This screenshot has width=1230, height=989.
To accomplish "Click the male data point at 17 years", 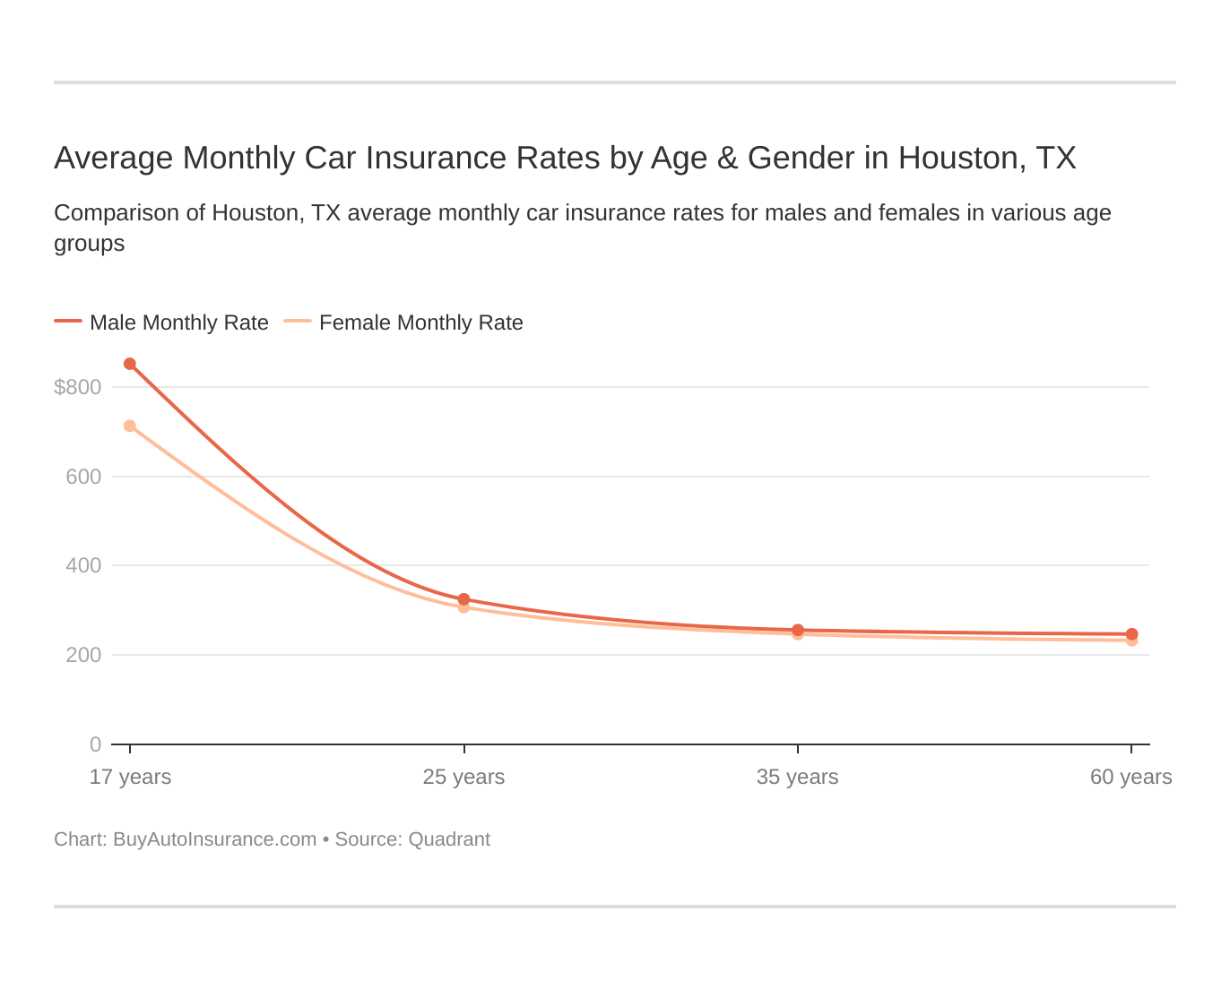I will [130, 364].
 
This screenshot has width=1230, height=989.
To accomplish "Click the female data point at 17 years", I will [130, 426].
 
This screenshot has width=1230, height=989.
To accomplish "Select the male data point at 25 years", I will [463, 599].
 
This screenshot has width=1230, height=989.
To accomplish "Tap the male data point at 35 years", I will [798, 630].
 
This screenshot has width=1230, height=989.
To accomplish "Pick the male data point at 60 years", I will [1131, 634].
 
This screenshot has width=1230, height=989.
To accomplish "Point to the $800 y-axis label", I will [78, 387].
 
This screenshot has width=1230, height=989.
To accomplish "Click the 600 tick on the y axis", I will [83, 477].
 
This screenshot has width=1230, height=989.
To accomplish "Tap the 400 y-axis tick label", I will [83, 565].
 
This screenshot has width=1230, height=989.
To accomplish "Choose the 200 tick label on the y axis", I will [83, 655].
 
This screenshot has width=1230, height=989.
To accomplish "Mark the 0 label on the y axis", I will [95, 744].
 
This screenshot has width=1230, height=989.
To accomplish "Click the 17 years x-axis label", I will [130, 777].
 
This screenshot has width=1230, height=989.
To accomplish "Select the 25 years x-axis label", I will [463, 777].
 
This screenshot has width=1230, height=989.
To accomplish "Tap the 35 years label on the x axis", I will [798, 777].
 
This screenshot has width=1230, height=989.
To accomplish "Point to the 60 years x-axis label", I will [1130, 777].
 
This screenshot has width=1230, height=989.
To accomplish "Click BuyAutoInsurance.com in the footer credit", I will [214, 839].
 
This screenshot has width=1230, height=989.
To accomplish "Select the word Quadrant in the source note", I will [449, 839].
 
